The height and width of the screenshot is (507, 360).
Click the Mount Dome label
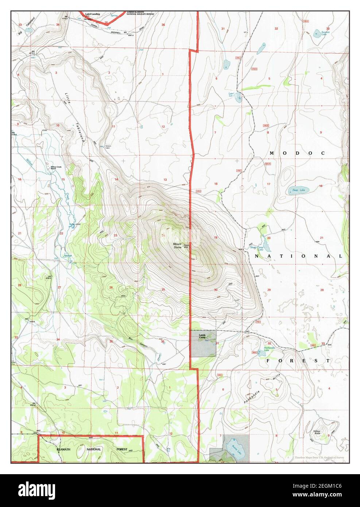(177, 245)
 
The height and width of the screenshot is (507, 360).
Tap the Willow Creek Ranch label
(55, 168)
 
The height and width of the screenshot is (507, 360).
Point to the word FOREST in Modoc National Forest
(298, 360)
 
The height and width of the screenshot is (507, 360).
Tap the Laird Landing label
(92, 14)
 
